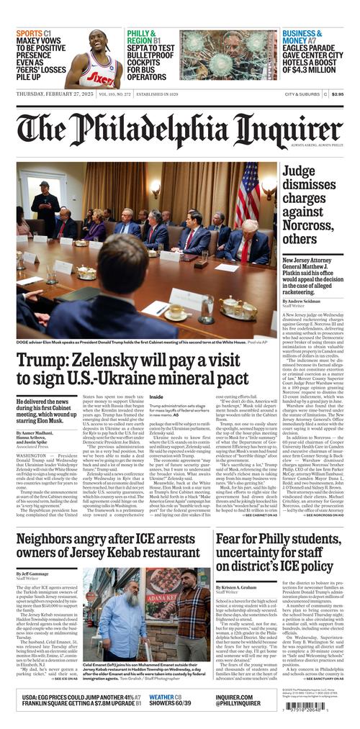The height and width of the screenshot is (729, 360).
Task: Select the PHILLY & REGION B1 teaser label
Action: (140, 37)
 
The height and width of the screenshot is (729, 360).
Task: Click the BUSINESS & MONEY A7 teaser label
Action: (302, 37)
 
